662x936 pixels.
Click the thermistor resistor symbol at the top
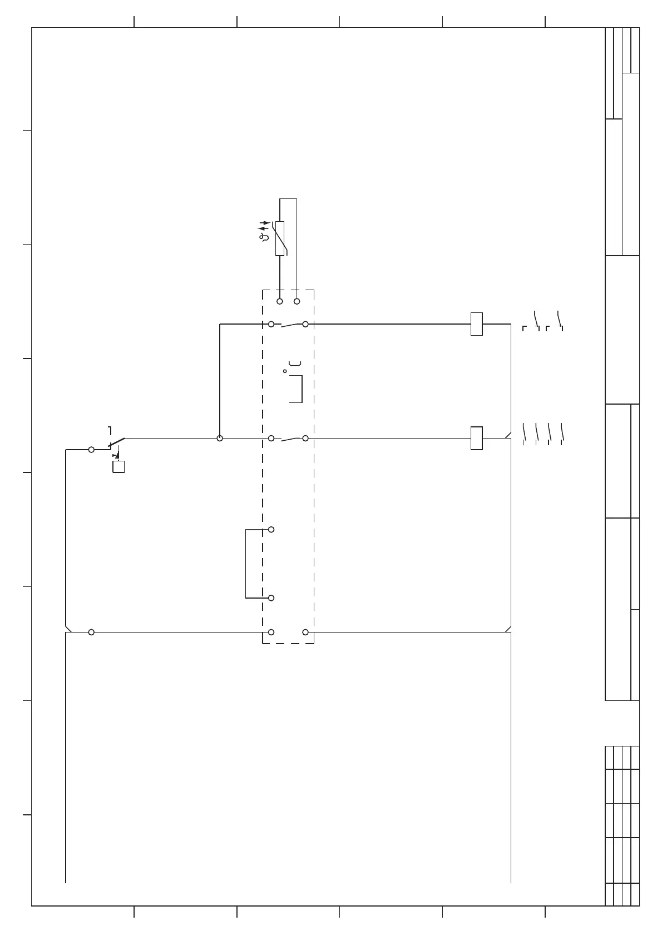[x=280, y=238]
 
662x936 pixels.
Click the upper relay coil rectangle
[x=476, y=324]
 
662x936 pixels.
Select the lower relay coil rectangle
[x=476, y=438]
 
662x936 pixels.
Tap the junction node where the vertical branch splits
[x=220, y=439]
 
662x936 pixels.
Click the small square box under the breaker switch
[x=118, y=466]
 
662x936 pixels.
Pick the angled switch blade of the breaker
[x=117, y=442]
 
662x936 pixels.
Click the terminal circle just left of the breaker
[x=91, y=450]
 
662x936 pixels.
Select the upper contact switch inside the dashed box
[x=288, y=324]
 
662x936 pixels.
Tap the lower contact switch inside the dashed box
[x=288, y=439]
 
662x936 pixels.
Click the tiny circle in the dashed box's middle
[x=285, y=371]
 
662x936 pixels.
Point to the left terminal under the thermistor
[x=280, y=301]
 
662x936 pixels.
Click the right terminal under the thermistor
[x=297, y=301]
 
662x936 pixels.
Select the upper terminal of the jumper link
[x=271, y=530]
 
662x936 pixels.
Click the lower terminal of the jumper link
[x=271, y=598]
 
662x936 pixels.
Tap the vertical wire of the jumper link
[x=245, y=564]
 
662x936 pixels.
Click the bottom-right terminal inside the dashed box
[x=305, y=632]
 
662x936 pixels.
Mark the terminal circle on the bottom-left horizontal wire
[x=91, y=632]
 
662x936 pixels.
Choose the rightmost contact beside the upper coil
[x=560, y=321]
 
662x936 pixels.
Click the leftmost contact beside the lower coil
[x=524, y=434]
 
